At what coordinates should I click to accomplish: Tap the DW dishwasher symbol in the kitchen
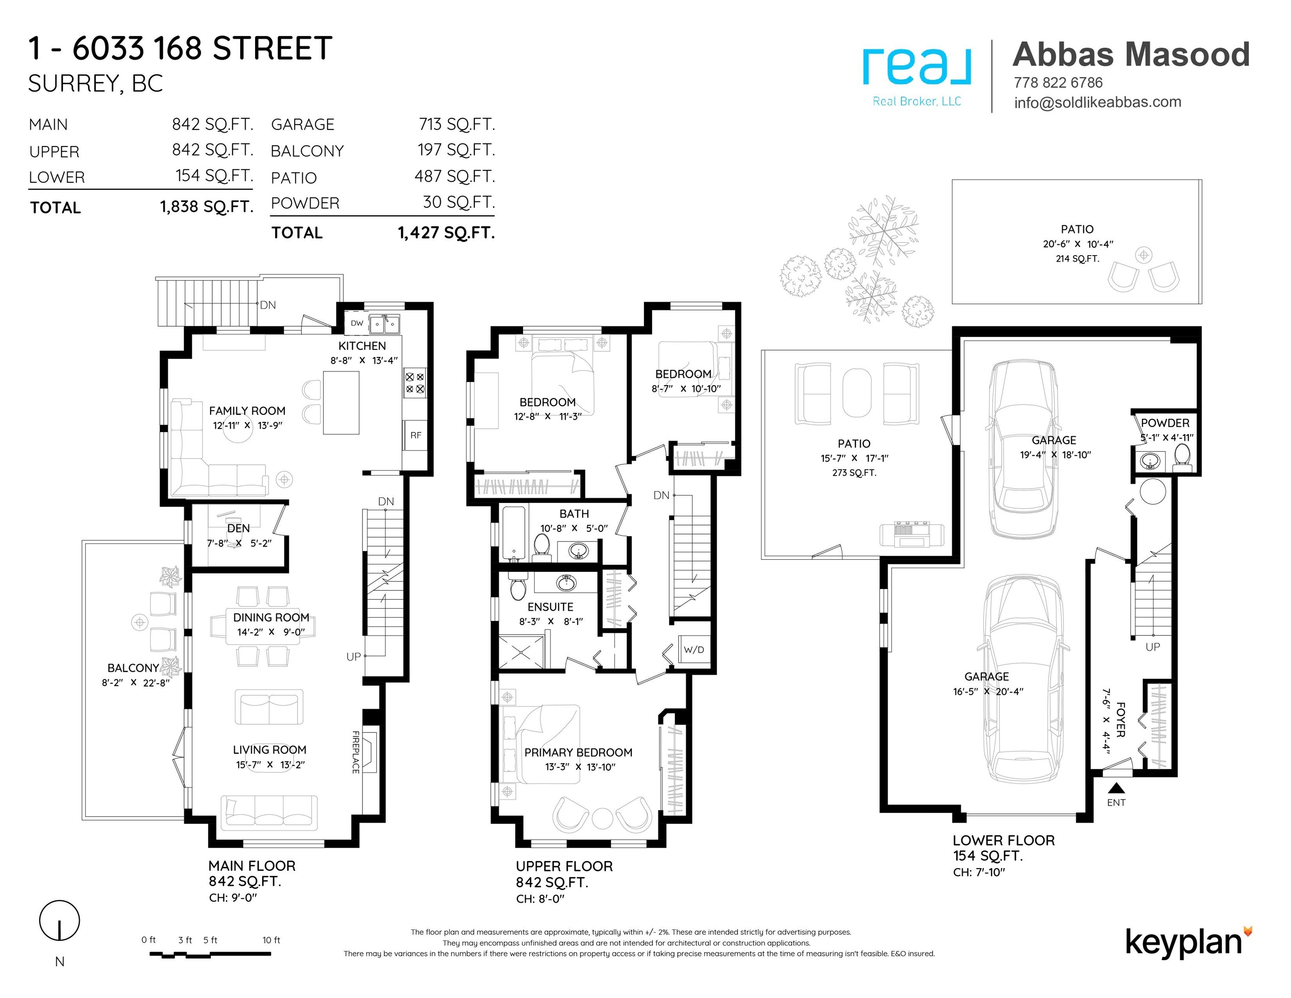coord(356,324)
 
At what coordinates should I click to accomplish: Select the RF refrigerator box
coord(416,435)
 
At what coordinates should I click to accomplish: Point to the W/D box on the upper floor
coord(694,650)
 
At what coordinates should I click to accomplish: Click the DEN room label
coord(238,528)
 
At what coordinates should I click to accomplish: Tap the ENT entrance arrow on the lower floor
coord(1116,788)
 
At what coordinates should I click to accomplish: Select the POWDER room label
coord(1165,423)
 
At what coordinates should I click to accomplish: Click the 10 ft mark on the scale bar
coord(272,940)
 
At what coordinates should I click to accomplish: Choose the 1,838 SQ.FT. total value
coord(206,207)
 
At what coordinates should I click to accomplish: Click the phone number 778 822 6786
coord(1058,83)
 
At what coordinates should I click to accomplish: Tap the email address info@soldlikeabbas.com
coord(1098,102)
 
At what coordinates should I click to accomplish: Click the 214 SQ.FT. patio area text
coord(1077,258)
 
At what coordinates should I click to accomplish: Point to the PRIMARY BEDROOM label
coord(578,752)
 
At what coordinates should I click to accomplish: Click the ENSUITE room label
coord(550,606)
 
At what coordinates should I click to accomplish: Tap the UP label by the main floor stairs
coord(353,656)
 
